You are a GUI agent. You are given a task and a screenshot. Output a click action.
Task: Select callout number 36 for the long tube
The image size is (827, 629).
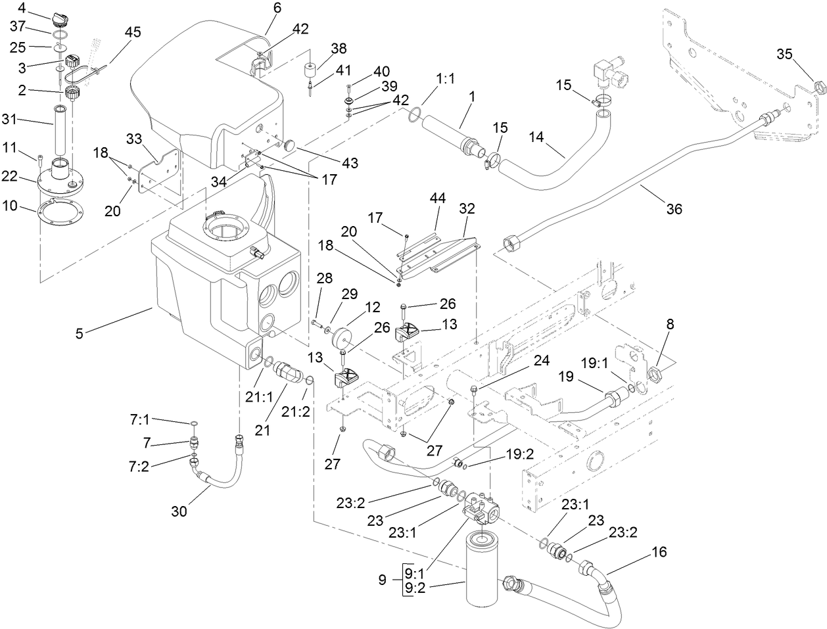pyautogui.click(x=673, y=209)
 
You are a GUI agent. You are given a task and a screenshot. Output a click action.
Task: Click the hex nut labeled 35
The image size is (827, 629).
pyautogui.click(x=819, y=86)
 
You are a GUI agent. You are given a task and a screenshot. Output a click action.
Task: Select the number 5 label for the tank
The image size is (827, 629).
pyautogui.click(x=80, y=333)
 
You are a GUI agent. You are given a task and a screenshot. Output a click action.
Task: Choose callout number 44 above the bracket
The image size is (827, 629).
pyautogui.click(x=438, y=198)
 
